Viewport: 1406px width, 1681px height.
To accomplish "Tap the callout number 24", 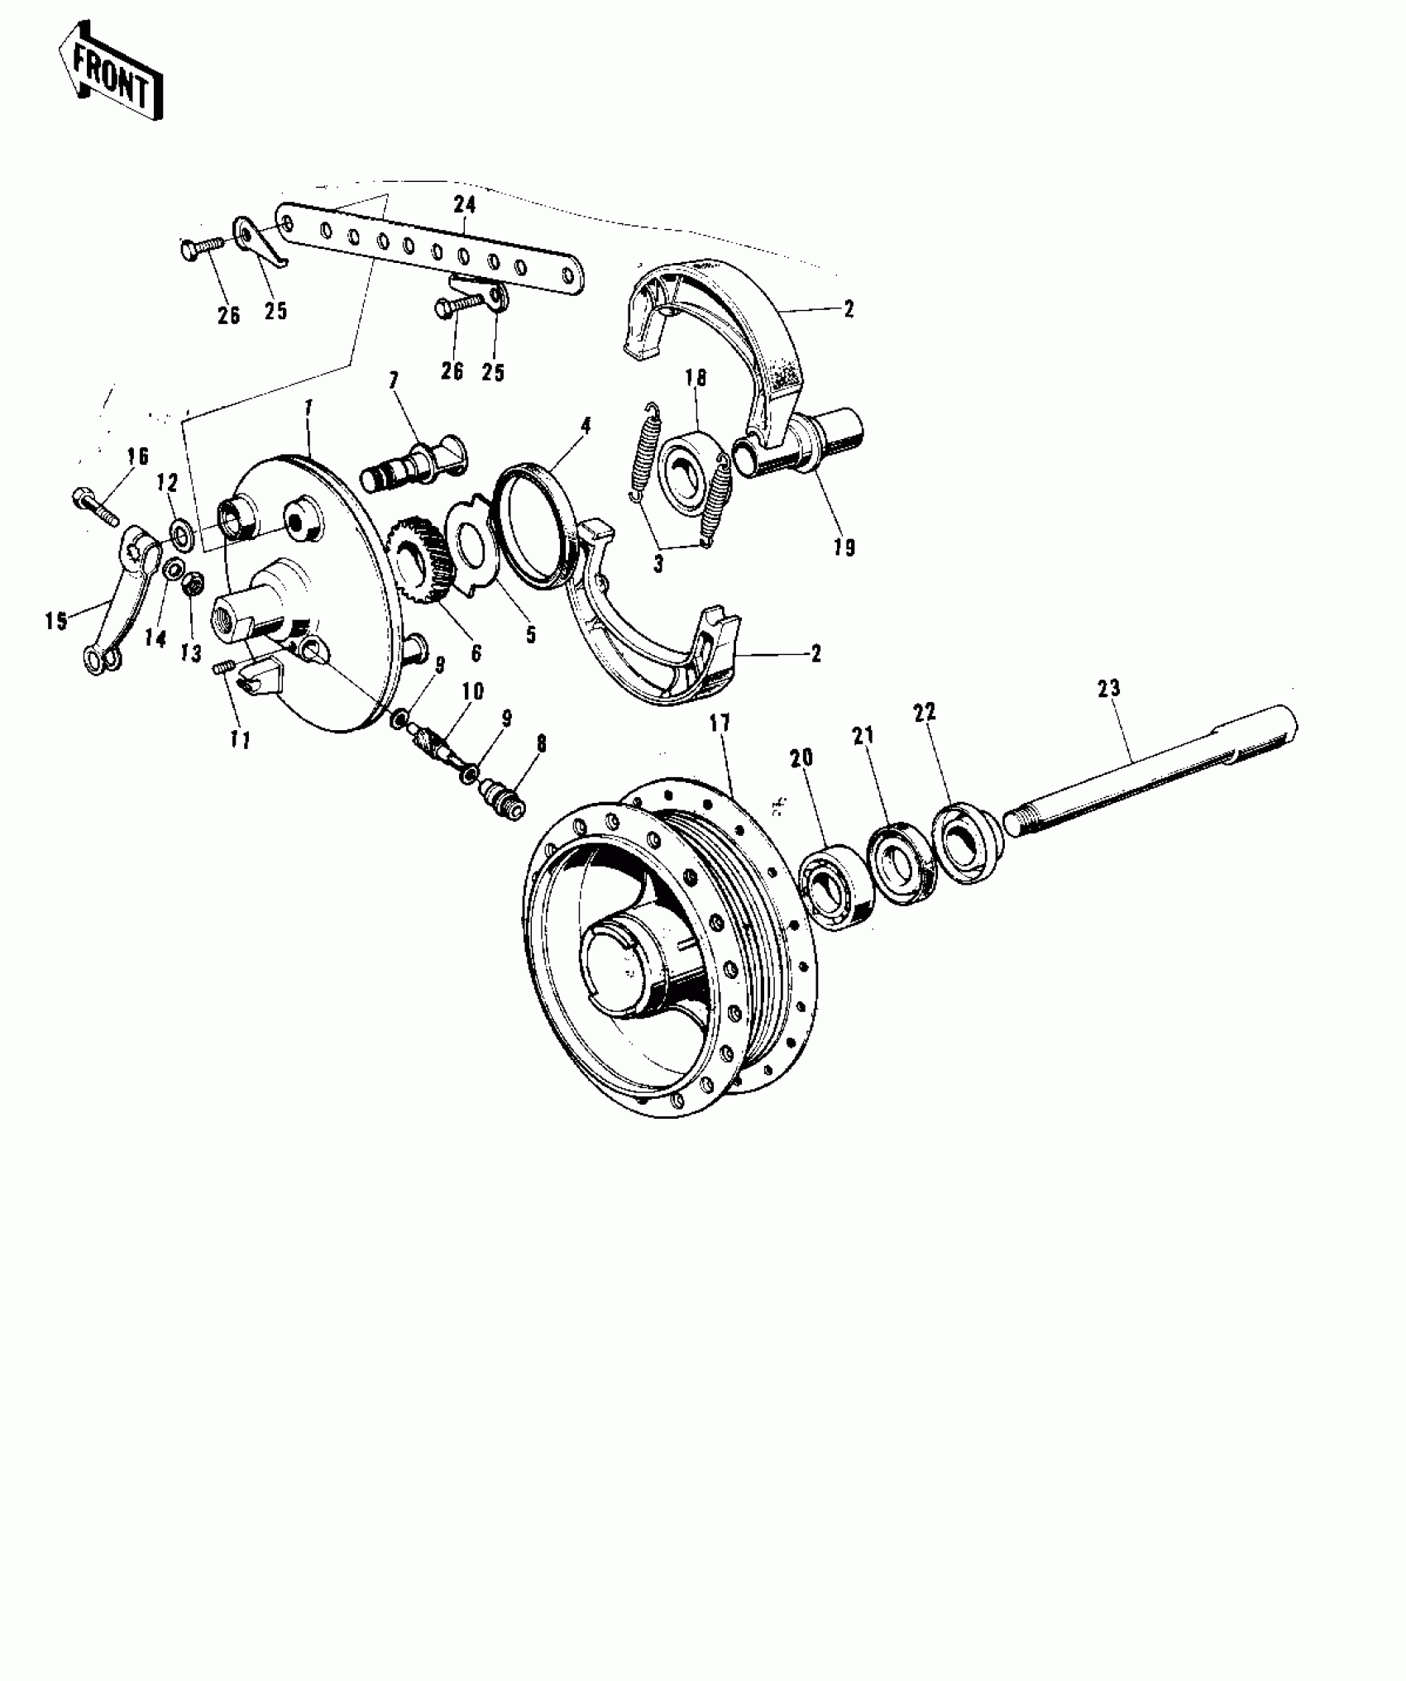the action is (465, 203).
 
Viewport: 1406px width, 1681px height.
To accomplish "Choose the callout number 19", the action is (844, 547).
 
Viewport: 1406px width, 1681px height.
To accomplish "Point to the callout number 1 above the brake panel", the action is (308, 407).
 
